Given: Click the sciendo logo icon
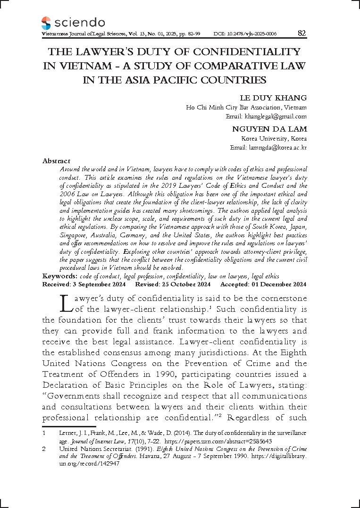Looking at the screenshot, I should [x=46, y=23].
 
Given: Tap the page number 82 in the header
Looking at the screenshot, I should [x=302, y=33].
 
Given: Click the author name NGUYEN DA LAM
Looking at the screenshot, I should [x=269, y=129].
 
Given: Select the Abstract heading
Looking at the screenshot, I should [x=56, y=161].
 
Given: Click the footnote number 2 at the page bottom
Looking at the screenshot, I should [x=44, y=450].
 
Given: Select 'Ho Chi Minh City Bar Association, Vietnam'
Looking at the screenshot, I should [x=246, y=107].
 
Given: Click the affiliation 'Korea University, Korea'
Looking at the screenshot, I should [x=274, y=139].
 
